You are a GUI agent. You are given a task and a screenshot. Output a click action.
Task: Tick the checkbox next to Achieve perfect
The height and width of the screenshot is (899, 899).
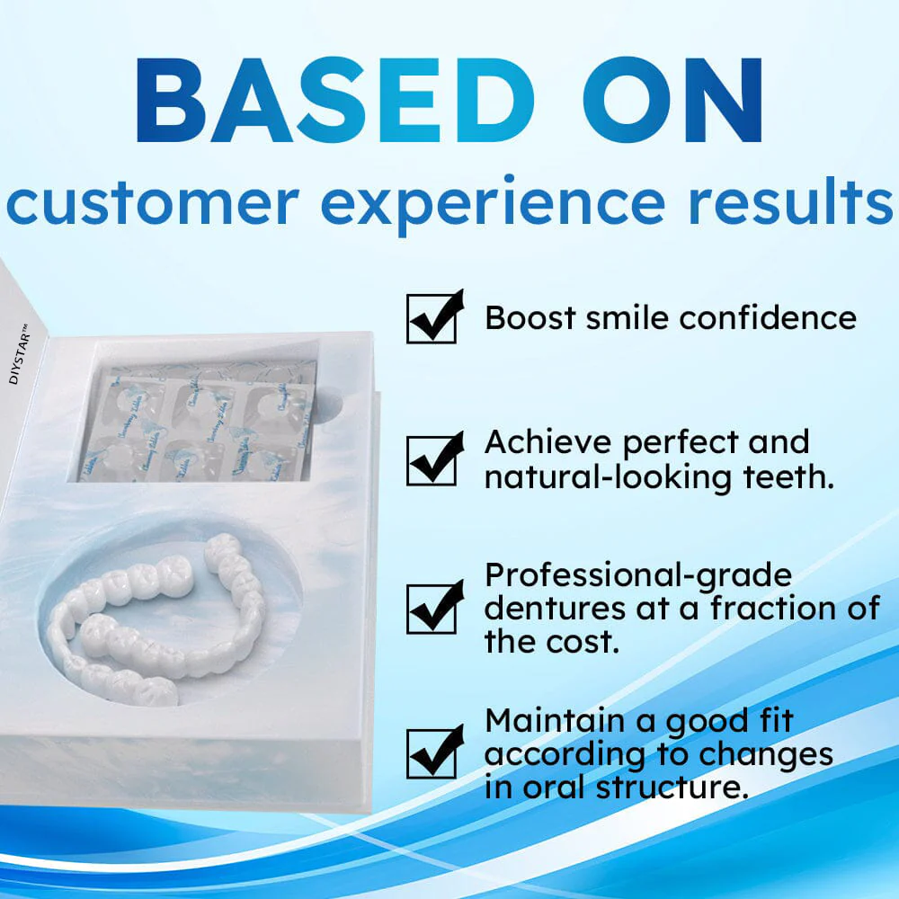point(432,460)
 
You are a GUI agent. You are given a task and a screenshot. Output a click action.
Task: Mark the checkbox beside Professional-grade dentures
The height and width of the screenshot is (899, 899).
point(432,608)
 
